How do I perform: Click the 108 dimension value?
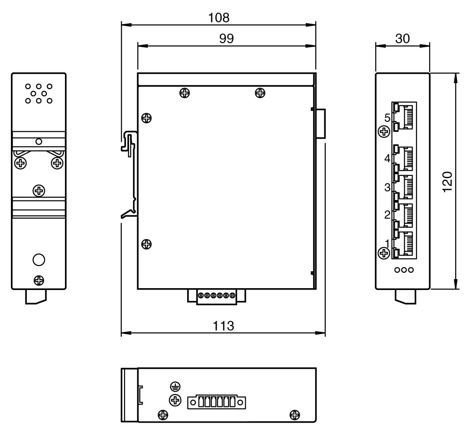coord(219,18)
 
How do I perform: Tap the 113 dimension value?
coord(223,326)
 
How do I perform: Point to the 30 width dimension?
coord(402,39)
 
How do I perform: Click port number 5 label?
coord(387,118)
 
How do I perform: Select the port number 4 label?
coord(387,158)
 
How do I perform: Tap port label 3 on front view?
coord(387,187)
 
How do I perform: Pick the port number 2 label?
coord(387,215)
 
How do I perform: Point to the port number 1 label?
coord(387,242)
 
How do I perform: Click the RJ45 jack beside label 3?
coord(405,187)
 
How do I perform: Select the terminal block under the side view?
coord(217,296)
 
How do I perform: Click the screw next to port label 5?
coord(384,132)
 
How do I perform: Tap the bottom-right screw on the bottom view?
coord(295,414)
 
